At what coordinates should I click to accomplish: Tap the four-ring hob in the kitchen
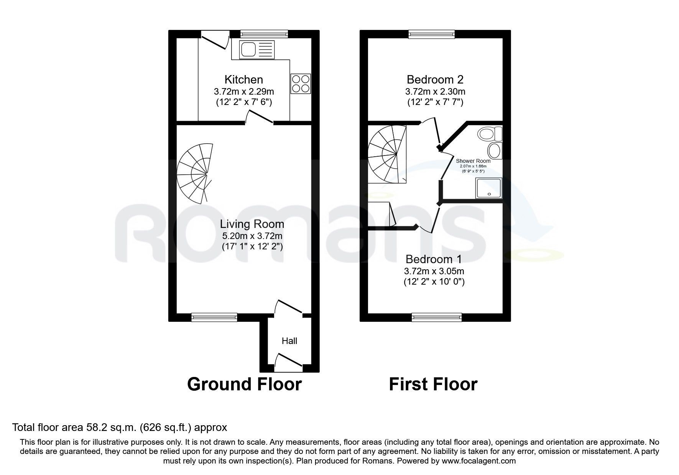click(301, 84)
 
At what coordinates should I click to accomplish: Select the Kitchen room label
click(244, 80)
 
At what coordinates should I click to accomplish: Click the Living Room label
click(252, 224)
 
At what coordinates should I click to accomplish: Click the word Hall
click(289, 341)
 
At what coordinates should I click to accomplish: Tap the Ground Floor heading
click(245, 384)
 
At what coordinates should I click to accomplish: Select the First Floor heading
click(433, 384)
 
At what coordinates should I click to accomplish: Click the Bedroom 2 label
click(435, 80)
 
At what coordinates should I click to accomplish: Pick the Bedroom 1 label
click(434, 259)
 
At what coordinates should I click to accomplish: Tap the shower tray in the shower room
click(488, 188)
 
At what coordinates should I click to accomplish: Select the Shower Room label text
click(473, 161)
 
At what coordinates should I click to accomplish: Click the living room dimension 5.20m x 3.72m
click(252, 236)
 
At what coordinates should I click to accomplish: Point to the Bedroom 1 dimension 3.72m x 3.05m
click(434, 271)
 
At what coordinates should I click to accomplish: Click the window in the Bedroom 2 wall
click(432, 34)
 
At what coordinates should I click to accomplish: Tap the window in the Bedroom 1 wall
click(437, 317)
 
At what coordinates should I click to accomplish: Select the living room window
click(214, 317)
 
